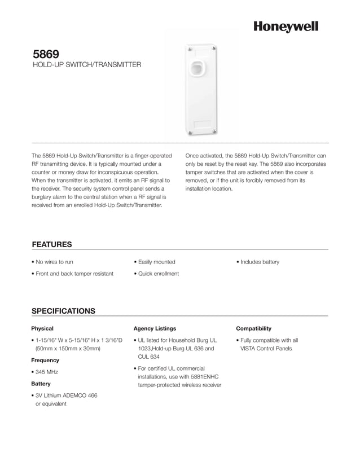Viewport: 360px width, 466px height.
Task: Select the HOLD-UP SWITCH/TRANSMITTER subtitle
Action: [x=86, y=66]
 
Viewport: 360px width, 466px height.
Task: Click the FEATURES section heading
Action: [x=51, y=244]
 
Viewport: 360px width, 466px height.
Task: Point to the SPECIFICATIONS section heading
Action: [x=63, y=311]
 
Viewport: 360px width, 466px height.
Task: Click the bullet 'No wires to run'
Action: [x=54, y=262]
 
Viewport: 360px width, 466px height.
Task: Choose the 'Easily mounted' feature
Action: [x=156, y=262]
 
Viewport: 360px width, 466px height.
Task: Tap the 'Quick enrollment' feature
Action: [x=158, y=274]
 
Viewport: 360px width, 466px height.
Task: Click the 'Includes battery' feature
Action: [x=260, y=262]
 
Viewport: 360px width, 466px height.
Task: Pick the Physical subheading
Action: [x=42, y=328]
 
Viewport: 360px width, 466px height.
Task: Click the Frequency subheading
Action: [x=45, y=360]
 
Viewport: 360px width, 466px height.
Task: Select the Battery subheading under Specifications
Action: [x=41, y=384]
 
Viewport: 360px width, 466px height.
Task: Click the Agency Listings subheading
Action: [x=155, y=328]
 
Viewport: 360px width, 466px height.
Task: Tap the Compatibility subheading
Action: [x=253, y=328]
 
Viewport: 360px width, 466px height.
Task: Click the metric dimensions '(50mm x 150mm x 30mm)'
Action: [x=68, y=349]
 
